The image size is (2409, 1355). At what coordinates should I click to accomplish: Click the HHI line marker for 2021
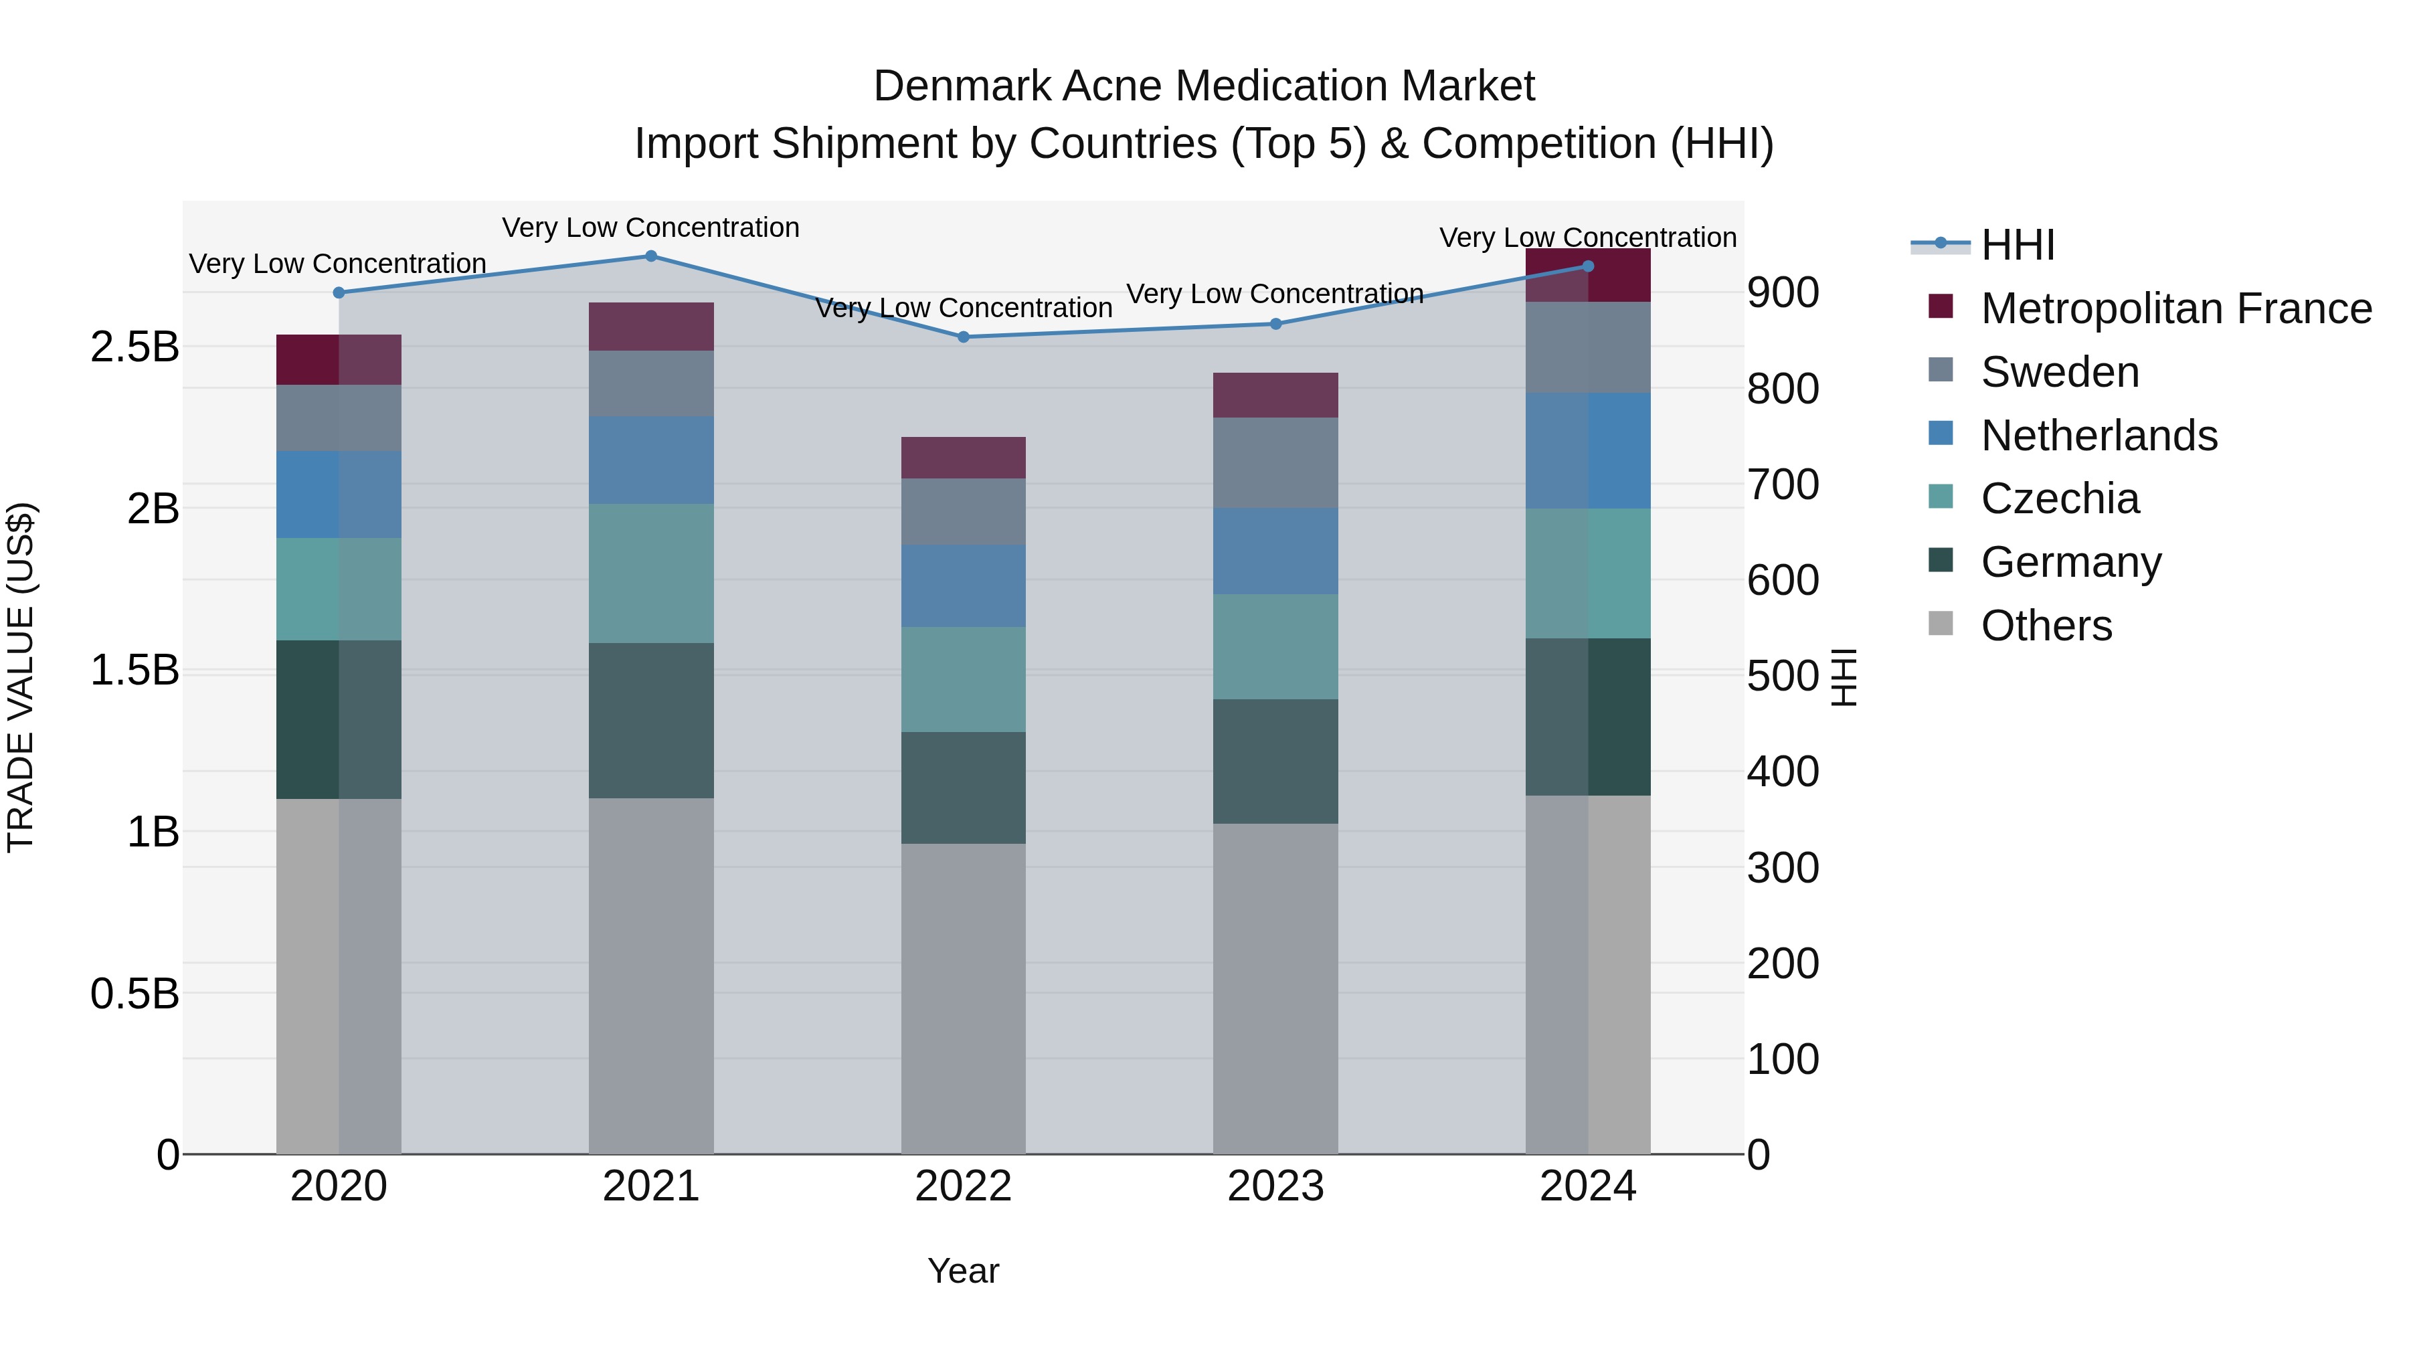651,256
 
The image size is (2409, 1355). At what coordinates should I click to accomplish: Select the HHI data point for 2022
963,337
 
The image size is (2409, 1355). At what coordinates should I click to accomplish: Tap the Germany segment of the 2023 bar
1275,761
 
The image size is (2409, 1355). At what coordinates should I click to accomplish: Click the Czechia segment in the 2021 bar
651,573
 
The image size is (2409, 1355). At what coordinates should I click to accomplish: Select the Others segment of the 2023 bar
1275,988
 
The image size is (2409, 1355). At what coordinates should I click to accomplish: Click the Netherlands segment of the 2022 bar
963,586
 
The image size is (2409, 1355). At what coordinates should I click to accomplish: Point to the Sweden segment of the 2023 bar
1275,463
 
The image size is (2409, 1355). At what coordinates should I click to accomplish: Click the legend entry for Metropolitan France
2175,308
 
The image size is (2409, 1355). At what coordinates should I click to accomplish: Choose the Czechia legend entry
2059,499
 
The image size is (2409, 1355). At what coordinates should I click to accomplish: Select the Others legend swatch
1941,624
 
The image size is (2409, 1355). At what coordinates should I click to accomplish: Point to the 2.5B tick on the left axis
134,347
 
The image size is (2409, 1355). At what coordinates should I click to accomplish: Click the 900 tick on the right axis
1783,292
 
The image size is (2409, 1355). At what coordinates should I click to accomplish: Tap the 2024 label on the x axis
1587,1186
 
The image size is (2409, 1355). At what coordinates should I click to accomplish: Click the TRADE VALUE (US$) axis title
21,677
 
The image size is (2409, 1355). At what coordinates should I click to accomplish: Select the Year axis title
963,1271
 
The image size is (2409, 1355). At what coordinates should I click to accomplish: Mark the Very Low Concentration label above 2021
651,228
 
